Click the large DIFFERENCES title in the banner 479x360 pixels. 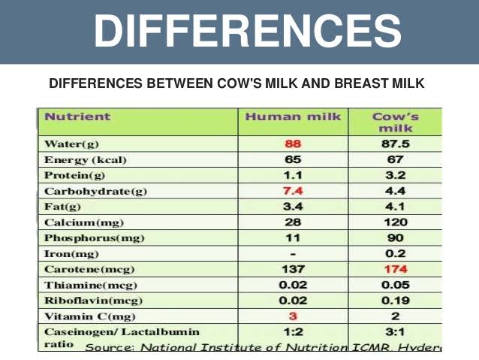[247, 32]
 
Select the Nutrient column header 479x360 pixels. [77, 116]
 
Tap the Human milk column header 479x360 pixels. [293, 116]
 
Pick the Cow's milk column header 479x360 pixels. [395, 123]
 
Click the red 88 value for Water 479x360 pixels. [293, 143]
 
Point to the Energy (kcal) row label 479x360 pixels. [85, 159]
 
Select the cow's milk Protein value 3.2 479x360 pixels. [395, 175]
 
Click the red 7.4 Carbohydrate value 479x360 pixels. [293, 191]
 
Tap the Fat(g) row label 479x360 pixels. [63, 207]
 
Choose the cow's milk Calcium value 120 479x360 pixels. [395, 222]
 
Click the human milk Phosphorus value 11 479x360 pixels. [293, 238]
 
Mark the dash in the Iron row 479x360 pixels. [293, 254]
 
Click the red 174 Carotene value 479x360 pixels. [395, 269]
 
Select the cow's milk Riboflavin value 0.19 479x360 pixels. [395, 301]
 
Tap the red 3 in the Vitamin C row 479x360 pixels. [293, 316]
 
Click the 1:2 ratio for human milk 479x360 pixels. [293, 332]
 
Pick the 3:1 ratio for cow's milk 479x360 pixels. [395, 332]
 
